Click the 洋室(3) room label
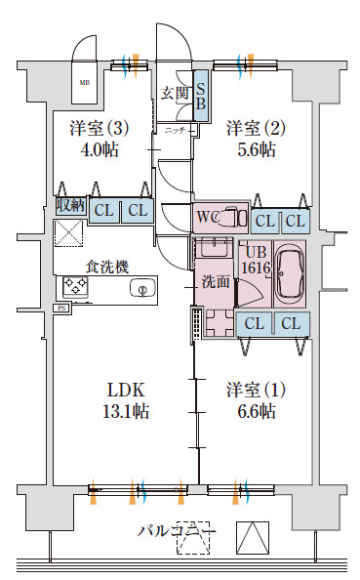pos(99,128)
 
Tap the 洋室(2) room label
pos(256,128)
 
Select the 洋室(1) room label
pos(256,388)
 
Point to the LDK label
pos(126,389)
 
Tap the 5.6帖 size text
pos(255,150)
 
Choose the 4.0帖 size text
pos(99,150)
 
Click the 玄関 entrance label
pos(176,94)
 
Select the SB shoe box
pos(200,95)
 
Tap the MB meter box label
pos(83,83)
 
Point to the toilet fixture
pos(231,216)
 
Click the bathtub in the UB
pos(290,273)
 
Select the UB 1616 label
pos(256,259)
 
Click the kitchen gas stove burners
pos(75,286)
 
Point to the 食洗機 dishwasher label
pos(106,266)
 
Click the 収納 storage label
pos(70,205)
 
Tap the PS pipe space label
pos(60,309)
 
